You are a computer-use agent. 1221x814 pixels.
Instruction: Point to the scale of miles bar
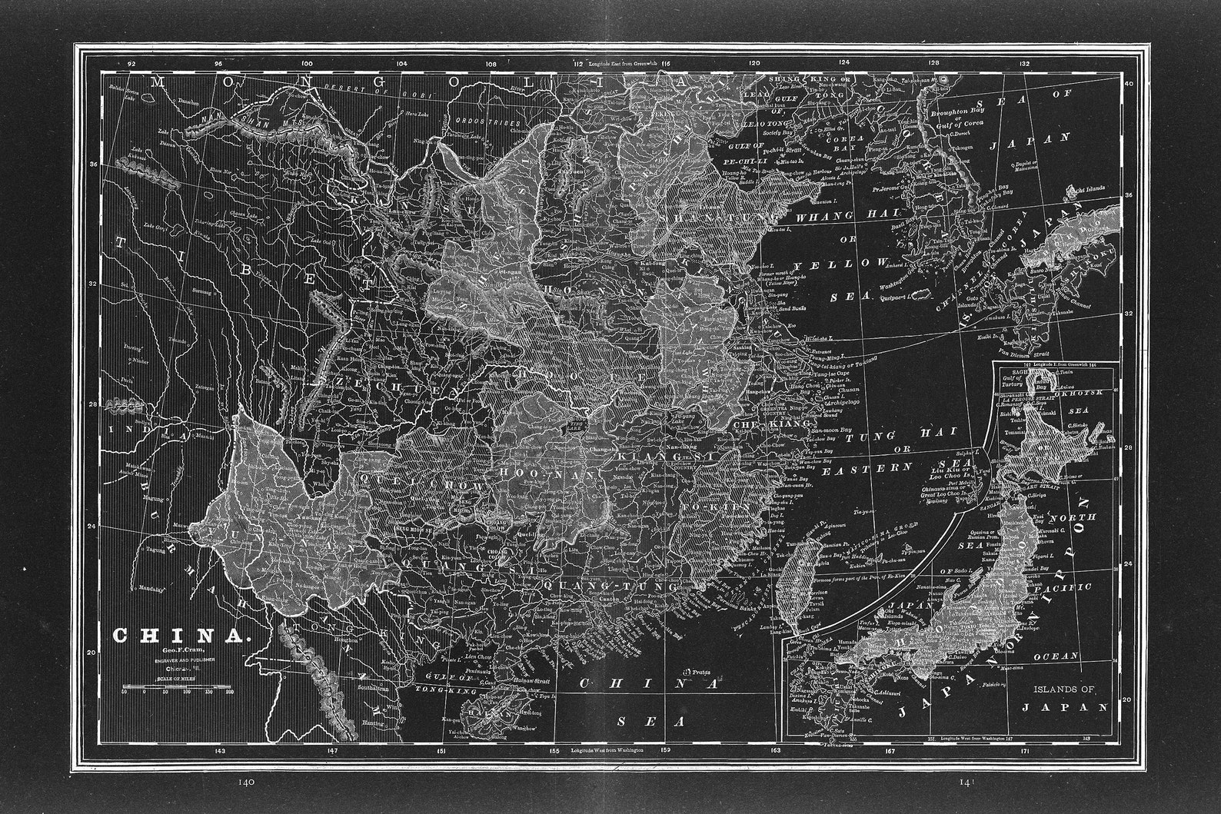tap(176, 686)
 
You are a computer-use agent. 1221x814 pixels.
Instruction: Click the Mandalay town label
tap(153, 589)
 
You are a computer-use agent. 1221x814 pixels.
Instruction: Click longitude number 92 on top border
tap(131, 64)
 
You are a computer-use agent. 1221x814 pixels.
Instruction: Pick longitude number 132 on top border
tap(1023, 64)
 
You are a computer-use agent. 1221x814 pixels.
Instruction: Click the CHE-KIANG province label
tap(773, 424)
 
